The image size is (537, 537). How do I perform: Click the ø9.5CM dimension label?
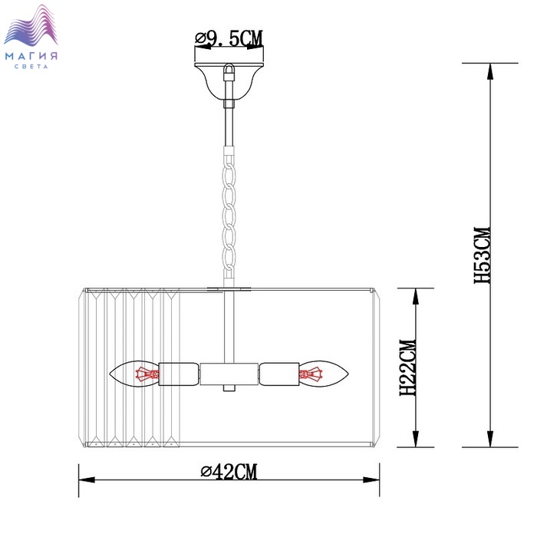point(229,38)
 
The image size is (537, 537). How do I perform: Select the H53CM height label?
point(483,255)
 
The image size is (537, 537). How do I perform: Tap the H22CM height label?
point(408,367)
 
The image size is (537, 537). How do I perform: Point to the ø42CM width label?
point(229,472)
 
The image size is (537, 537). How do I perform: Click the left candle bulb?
point(134,374)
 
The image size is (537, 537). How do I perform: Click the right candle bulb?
point(324,374)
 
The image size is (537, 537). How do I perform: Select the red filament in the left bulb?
point(147,374)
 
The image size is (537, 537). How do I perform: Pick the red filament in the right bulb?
point(311,374)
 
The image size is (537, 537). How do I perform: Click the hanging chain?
point(229,214)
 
